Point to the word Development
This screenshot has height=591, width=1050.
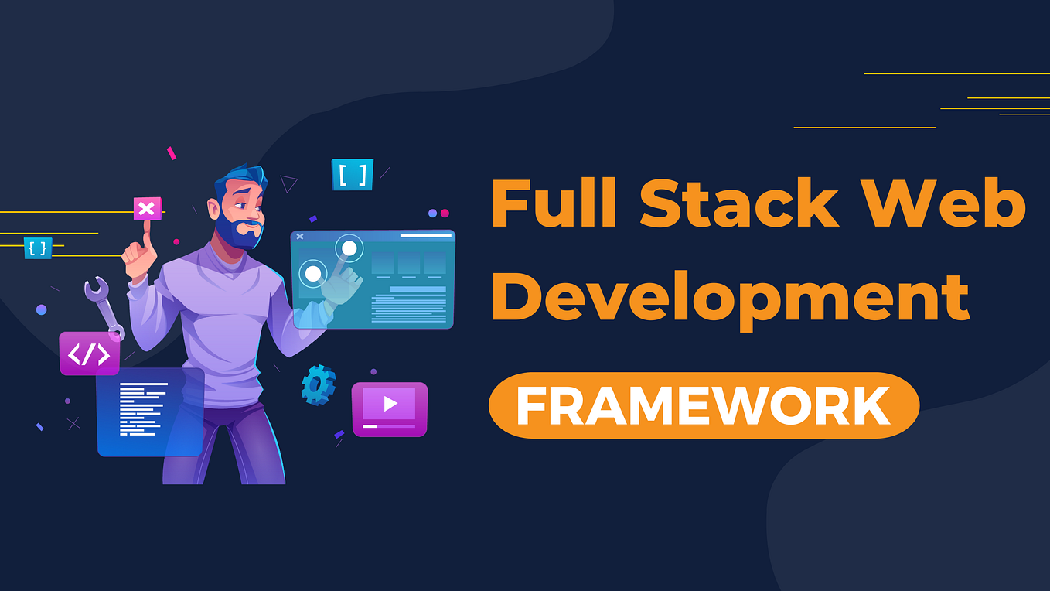pos(730,298)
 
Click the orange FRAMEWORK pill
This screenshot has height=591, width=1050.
pos(704,405)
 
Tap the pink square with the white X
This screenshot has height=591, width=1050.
pos(147,208)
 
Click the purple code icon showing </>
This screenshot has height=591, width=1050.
pos(89,354)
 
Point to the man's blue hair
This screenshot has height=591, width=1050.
pos(240,179)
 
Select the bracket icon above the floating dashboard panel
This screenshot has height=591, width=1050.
pos(353,175)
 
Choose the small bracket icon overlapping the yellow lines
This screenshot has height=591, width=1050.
pos(38,248)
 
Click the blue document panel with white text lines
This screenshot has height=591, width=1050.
pos(150,412)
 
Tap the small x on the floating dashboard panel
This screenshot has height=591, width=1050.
pos(300,236)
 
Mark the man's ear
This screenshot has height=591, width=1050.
pos(214,208)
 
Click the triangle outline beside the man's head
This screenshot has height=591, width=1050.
pos(288,183)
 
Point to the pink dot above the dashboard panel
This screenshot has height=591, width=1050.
pos(445,214)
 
